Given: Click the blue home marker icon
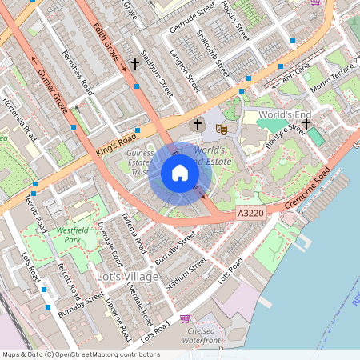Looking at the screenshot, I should [180, 173].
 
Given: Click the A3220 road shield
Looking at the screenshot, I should [251, 214].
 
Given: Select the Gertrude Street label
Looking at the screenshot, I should [192, 18].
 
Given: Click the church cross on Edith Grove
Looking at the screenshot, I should [135, 63].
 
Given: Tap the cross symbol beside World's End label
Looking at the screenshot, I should [306, 123].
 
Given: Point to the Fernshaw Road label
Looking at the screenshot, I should [78, 72].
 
